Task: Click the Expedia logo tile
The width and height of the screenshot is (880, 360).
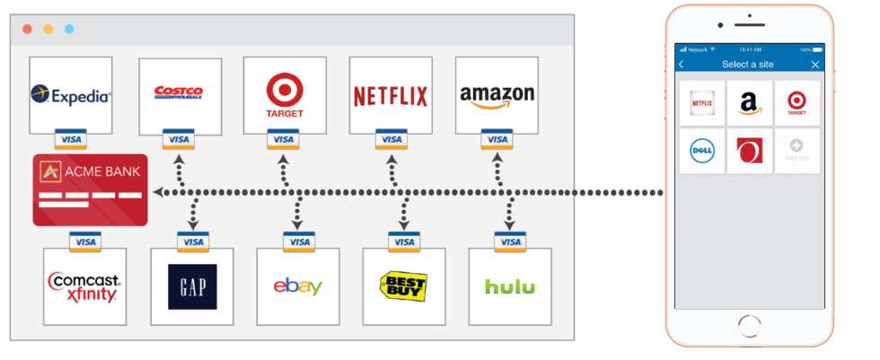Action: (71, 94)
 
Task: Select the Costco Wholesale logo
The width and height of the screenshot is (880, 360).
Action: (179, 93)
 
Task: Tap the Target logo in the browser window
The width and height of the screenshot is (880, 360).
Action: (285, 94)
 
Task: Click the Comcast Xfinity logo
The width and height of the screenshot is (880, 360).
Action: (84, 286)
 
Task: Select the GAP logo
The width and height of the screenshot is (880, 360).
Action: (192, 286)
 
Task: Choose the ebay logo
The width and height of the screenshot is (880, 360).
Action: (298, 286)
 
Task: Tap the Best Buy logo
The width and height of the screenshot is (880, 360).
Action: (404, 286)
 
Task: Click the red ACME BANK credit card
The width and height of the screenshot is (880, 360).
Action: (90, 189)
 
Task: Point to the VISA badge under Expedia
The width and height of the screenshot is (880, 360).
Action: (72, 139)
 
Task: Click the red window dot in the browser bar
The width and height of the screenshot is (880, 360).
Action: (27, 29)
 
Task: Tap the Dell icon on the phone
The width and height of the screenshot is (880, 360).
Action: (702, 151)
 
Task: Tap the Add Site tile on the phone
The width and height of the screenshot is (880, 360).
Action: (796, 151)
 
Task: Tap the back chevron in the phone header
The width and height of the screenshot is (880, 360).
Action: (682, 65)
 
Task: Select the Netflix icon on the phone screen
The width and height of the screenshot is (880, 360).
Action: (702, 103)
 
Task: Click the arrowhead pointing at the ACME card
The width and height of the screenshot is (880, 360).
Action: (157, 192)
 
